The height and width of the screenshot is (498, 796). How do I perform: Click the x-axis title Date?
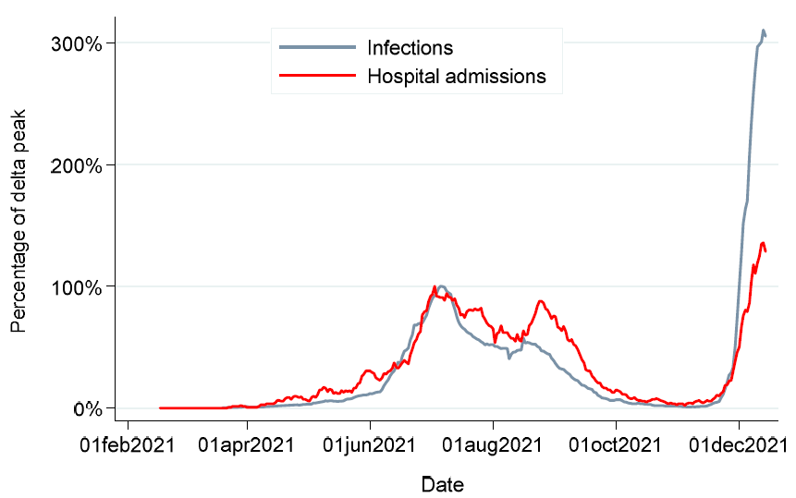[442, 484]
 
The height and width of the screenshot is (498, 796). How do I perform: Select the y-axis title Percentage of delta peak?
[18, 222]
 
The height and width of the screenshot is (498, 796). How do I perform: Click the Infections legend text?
[410, 47]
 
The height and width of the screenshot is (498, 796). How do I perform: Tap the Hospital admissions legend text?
[456, 76]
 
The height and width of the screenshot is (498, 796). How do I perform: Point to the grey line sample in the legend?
[316, 47]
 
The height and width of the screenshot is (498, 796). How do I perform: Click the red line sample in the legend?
[316, 76]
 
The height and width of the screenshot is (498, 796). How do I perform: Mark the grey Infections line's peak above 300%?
[764, 30]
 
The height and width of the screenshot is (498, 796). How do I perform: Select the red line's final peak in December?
[763, 243]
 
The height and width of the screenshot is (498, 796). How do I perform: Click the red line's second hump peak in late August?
[541, 301]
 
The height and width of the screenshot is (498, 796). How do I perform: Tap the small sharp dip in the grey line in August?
[509, 357]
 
